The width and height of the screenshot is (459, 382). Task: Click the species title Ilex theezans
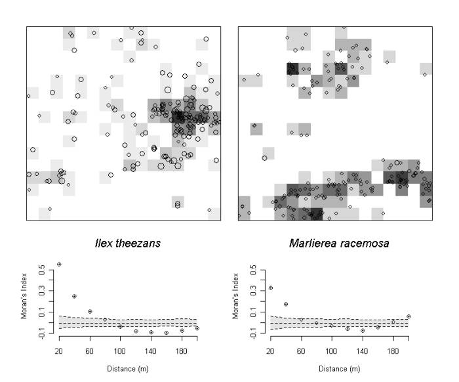(x=123, y=244)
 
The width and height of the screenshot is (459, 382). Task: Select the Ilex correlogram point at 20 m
(x=59, y=264)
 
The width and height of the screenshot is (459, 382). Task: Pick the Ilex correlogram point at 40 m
(x=74, y=297)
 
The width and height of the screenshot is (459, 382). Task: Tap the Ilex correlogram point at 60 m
(x=90, y=311)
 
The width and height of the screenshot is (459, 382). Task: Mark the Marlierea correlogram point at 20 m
(x=271, y=288)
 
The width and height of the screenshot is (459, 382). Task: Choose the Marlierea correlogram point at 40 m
(x=286, y=304)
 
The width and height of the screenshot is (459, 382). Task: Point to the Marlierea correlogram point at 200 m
(x=409, y=316)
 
